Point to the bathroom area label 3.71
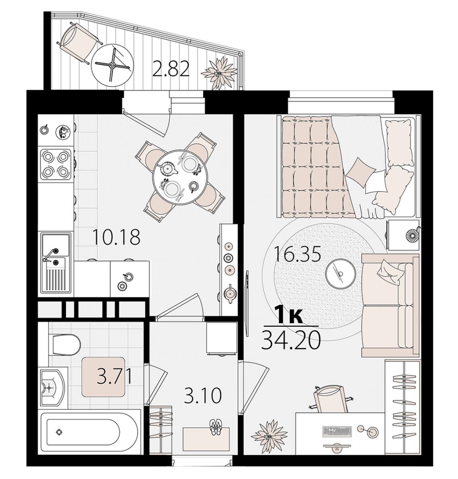point(114,376)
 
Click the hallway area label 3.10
point(203,396)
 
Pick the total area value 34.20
point(290,340)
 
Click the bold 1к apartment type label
point(288,315)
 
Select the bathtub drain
point(59,432)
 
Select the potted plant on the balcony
point(219,73)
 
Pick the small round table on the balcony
point(112,64)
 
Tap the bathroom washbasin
point(53,387)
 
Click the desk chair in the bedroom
point(331,398)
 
